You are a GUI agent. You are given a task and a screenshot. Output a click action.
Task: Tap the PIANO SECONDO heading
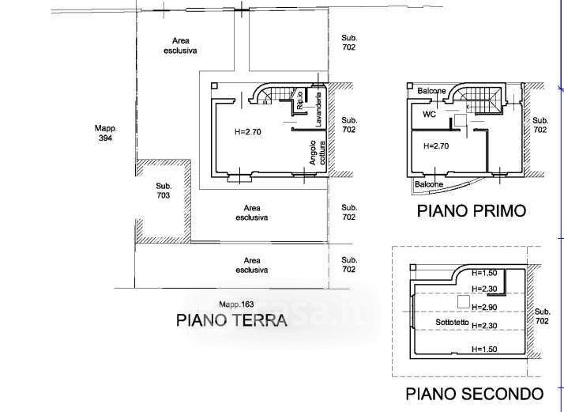(x=473, y=393)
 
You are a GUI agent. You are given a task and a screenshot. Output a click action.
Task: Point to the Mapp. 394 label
(x=105, y=133)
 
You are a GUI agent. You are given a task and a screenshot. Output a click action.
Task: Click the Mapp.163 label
(x=236, y=304)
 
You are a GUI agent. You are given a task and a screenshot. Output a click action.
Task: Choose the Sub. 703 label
(x=163, y=190)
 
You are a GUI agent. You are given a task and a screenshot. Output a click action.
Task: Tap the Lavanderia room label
(x=318, y=111)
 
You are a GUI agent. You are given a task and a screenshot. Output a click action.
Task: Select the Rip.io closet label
(x=301, y=100)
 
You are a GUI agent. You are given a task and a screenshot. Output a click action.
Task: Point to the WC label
(x=430, y=114)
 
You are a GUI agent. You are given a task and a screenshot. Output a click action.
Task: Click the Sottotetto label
(x=453, y=323)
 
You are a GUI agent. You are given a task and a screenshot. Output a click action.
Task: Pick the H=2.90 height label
(x=484, y=306)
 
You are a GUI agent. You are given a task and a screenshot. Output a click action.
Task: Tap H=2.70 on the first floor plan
(x=436, y=146)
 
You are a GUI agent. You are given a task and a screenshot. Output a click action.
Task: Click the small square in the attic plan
(x=461, y=301)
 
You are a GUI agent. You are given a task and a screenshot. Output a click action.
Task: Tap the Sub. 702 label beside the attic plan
(x=542, y=317)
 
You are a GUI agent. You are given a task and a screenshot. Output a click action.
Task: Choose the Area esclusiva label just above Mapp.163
(x=252, y=265)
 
